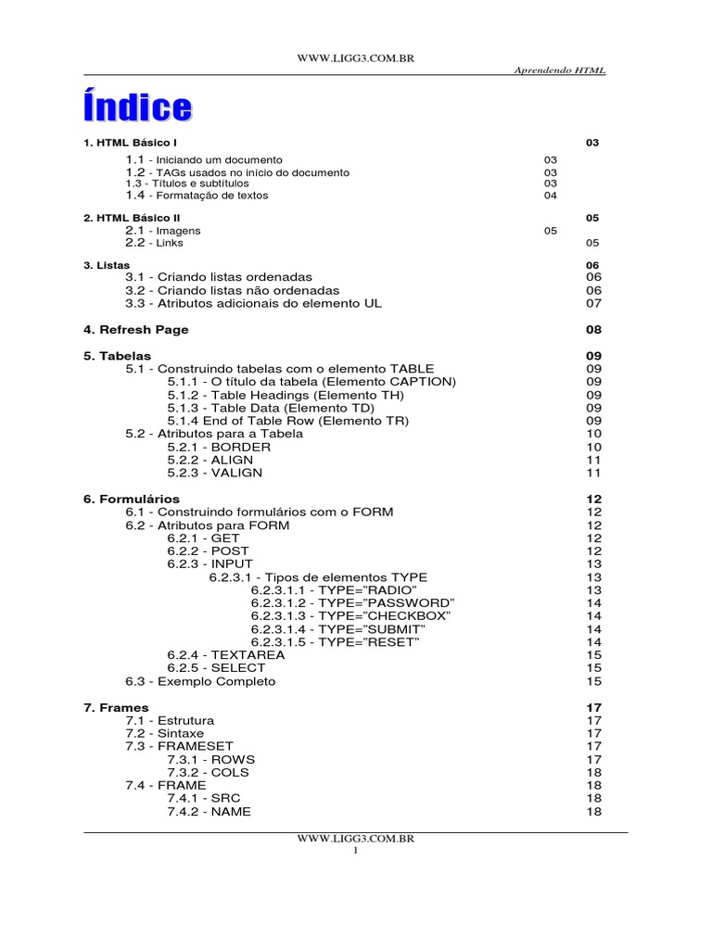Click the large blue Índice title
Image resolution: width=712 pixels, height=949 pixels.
tap(138, 108)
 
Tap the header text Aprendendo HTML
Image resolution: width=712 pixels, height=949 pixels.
tap(559, 71)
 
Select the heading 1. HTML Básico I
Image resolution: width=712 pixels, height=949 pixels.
tap(130, 143)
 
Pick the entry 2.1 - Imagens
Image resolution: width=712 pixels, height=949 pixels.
tap(163, 230)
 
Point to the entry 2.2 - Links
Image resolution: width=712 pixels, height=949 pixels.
tap(155, 243)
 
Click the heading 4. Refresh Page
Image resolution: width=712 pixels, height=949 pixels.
tap(135, 330)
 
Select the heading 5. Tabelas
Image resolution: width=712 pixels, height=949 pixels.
tap(117, 356)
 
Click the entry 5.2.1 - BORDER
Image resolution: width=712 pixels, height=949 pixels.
tap(219, 447)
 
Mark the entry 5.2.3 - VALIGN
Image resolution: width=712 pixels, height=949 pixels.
tap(215, 473)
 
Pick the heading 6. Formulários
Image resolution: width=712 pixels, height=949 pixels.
tap(132, 500)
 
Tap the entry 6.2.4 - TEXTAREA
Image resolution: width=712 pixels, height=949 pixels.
tap(226, 655)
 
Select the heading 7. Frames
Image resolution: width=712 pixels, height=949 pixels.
tap(116, 708)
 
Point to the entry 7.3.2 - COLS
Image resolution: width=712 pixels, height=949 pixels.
tap(210, 773)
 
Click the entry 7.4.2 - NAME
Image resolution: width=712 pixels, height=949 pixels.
tap(210, 812)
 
